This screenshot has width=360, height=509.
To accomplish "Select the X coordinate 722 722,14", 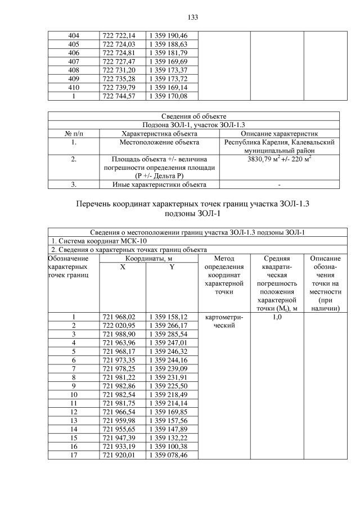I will (x=119, y=35).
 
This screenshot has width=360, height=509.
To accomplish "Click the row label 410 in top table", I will (x=74, y=88).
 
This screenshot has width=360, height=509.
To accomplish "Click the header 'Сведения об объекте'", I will (x=193, y=116).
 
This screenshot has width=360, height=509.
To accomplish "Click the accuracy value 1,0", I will (x=277, y=317).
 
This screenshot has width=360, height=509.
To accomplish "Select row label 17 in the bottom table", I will (x=74, y=454).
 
